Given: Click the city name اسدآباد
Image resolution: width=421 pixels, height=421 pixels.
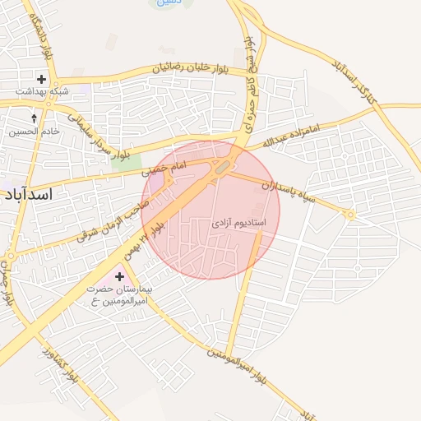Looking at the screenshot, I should pos(28,194).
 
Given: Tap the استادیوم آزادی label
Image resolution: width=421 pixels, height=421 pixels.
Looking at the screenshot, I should pos(238,222).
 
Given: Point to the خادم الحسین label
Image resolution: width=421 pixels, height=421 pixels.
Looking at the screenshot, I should pos(32,132).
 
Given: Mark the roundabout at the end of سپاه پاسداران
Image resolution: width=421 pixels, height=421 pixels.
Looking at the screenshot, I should pos(351,215).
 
